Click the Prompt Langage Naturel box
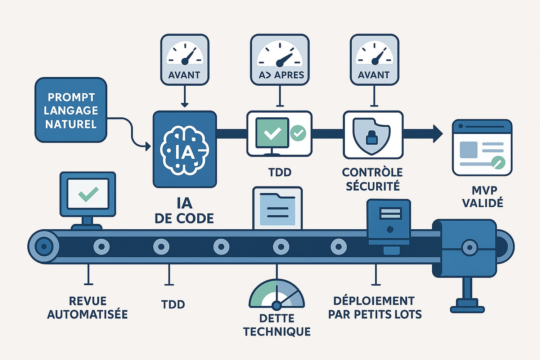(71, 110)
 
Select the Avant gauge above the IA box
(184, 59)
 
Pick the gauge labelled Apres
(280, 59)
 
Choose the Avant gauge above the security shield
(374, 59)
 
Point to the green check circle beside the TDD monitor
(298, 133)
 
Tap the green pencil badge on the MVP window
(498, 162)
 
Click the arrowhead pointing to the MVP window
(438, 134)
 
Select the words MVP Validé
(482, 197)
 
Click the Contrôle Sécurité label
(373, 179)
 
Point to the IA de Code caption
(184, 211)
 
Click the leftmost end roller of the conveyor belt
(44, 247)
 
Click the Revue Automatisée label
(87, 308)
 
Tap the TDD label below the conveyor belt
(173, 305)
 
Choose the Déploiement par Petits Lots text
(374, 308)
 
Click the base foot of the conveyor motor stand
(467, 309)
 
